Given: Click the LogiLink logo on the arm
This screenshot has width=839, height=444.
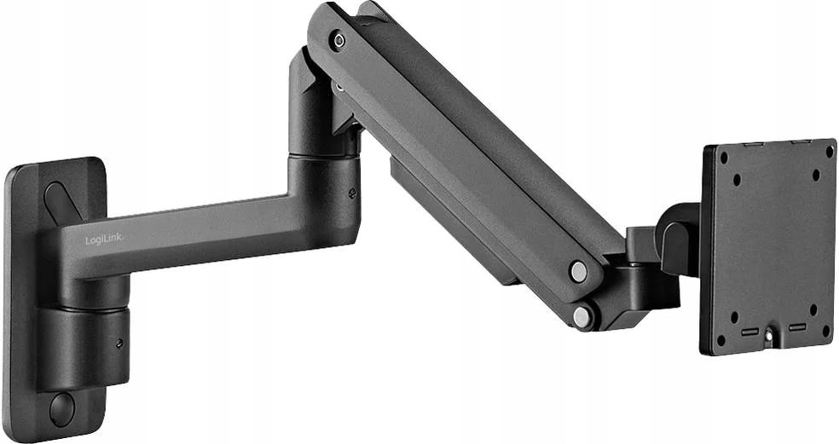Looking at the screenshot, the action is [104, 240].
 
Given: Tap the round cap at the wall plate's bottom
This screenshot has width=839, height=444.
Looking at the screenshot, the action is [62, 410].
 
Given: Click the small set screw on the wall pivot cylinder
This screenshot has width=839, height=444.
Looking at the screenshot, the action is [119, 343].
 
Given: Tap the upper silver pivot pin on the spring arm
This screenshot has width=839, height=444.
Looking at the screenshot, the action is [578, 271].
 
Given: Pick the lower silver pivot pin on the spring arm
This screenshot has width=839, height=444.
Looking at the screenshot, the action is [582, 316].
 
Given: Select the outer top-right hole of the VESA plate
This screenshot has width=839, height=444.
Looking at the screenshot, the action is [829, 152].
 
